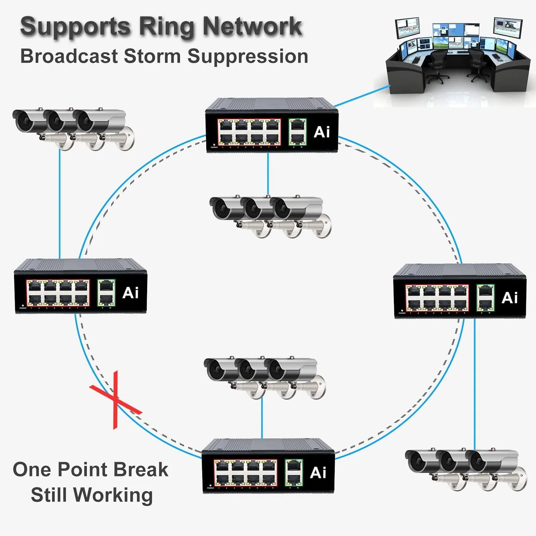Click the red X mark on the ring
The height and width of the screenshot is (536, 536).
click(x=115, y=400)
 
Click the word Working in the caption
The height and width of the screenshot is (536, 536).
click(x=114, y=495)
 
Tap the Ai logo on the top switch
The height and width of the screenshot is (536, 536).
click(x=322, y=132)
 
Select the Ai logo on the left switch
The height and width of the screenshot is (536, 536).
click(x=130, y=293)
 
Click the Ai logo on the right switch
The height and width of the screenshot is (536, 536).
click(x=510, y=298)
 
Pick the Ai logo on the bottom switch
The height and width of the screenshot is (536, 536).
click(x=318, y=473)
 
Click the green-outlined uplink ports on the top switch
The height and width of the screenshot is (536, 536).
click(x=298, y=132)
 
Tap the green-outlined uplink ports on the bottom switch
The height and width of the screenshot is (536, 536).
click(x=294, y=473)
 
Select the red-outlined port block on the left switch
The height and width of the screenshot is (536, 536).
click(x=58, y=293)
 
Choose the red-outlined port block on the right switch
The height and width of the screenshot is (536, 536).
click(x=437, y=298)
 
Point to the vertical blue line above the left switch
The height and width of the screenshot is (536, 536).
click(x=60, y=204)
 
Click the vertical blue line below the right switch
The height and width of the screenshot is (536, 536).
click(x=475, y=382)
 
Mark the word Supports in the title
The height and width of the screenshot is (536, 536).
click(x=75, y=27)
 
